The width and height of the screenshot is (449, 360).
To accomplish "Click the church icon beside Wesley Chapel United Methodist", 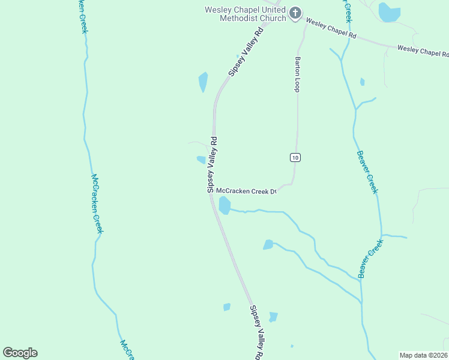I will point(295,13).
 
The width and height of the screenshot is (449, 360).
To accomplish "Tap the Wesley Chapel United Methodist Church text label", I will point(246,14).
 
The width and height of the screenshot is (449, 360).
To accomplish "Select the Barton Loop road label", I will point(297,74).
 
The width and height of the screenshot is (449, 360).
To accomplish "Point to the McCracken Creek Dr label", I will point(246,191).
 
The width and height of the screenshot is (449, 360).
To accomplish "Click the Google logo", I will point(20,353).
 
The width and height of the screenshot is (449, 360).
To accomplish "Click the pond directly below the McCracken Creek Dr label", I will point(224,205).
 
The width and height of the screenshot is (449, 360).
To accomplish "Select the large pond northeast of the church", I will point(389,11).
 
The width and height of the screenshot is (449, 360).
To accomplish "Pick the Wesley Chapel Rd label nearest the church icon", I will point(331,29).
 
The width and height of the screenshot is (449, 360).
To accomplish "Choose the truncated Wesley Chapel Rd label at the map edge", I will point(423,51).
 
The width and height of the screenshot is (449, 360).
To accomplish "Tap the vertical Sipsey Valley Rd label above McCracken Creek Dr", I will point(211,164).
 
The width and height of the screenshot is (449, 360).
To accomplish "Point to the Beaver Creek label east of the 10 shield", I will point(367,172).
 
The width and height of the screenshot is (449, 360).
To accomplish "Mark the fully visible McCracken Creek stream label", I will point(97,203).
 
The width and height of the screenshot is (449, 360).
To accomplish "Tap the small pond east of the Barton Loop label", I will point(362,82).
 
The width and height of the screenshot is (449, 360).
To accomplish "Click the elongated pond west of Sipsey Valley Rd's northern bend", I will point(203,82).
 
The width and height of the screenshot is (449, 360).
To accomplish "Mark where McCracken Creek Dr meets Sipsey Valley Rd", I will point(211,193).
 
